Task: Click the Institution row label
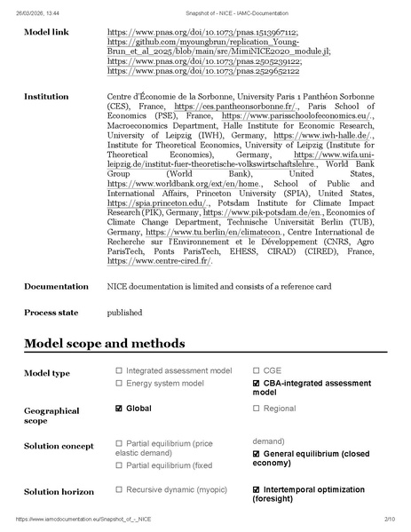coord(46,96)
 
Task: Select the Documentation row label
coord(57,286)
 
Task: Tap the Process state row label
coord(51,313)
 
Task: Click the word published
coord(124,313)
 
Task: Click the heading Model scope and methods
coord(105,344)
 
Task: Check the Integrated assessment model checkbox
coord(119,370)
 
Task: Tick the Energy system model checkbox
coord(119,383)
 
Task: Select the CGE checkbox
coord(257,370)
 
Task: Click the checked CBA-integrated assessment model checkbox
coord(257,383)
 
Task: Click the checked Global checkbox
coord(119,409)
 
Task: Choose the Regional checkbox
coord(257,409)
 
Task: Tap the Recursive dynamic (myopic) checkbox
coord(119,489)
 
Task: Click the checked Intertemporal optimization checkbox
coord(257,489)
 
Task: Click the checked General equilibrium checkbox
coord(257,454)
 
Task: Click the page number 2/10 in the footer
coord(388,518)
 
